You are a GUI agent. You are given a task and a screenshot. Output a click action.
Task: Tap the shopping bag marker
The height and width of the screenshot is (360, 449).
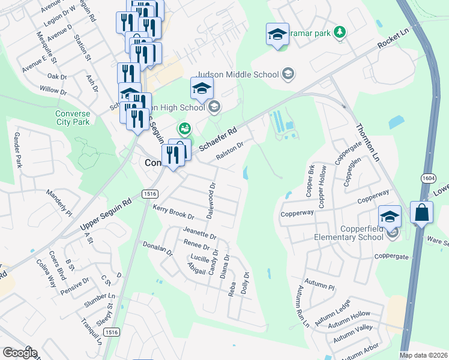[x=421, y=213]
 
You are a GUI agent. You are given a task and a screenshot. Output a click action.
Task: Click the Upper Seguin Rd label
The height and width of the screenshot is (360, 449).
[x=105, y=217]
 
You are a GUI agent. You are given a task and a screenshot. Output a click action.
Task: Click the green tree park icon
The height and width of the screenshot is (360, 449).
[x=340, y=32]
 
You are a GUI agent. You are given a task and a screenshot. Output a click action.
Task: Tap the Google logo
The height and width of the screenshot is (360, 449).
[x=19, y=353]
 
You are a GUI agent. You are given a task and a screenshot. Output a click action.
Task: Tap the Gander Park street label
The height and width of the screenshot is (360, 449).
[x=18, y=150]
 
